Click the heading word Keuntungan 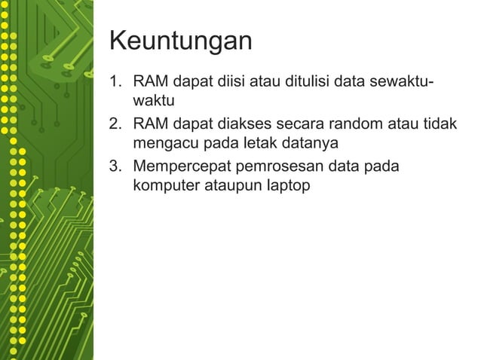tap(181, 41)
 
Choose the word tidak tap(439, 124)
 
